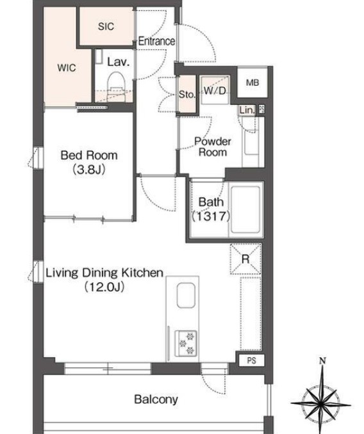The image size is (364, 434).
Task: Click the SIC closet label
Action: click(x=106, y=26)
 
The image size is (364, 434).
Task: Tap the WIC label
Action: click(x=67, y=68)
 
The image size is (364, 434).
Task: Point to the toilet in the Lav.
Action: click(x=116, y=83)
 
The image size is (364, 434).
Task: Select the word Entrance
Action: click(x=156, y=41)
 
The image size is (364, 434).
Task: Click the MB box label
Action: click(x=252, y=83)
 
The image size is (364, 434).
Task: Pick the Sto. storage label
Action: click(x=187, y=95)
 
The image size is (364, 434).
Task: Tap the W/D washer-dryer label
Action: click(x=215, y=90)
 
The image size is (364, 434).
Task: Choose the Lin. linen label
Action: click(x=247, y=111)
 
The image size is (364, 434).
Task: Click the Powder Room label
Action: click(x=213, y=147)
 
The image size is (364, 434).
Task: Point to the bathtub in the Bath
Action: click(x=245, y=210)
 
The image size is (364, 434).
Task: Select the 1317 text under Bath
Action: click(x=211, y=216)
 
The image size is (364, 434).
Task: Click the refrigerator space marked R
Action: click(x=245, y=259)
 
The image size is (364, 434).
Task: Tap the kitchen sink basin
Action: click(x=186, y=295)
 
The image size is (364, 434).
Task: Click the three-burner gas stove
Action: click(x=186, y=344)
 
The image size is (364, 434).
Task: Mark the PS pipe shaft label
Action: click(x=251, y=360)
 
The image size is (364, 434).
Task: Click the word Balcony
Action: click(x=156, y=399)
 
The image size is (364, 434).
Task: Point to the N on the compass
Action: click(x=322, y=360)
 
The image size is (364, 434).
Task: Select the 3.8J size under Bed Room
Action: click(x=89, y=170)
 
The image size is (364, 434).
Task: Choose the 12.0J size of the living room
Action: click(x=104, y=287)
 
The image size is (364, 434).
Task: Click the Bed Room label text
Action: click(x=89, y=156)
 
